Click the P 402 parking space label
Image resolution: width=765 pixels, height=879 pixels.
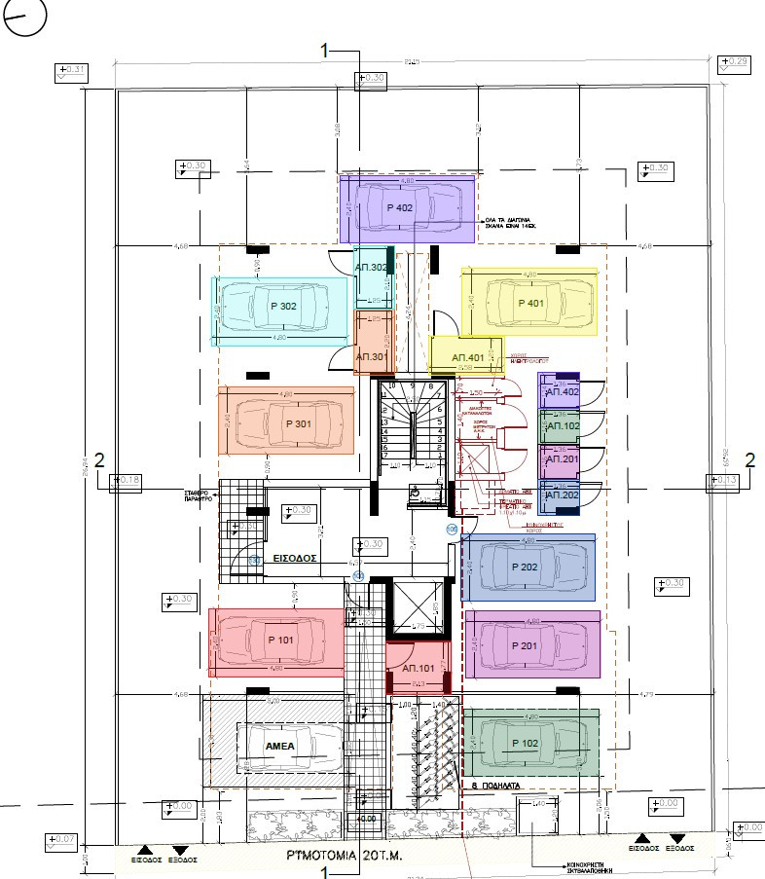pyautogui.click(x=400, y=208)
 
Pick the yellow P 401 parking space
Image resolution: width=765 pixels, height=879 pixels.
pyautogui.click(x=529, y=304)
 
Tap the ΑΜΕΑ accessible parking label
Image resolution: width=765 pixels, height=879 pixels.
pyautogui.click(x=283, y=745)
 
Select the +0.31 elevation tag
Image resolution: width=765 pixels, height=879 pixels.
pyautogui.click(x=72, y=72)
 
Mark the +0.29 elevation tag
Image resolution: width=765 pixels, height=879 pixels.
pyautogui.click(x=733, y=64)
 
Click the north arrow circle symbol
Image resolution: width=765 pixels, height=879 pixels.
pyautogui.click(x=23, y=17)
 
